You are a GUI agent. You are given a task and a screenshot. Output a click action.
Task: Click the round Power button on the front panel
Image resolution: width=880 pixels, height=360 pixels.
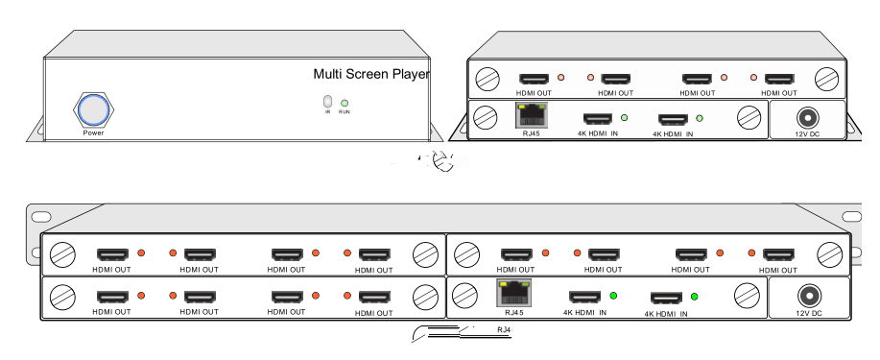click(x=93, y=110)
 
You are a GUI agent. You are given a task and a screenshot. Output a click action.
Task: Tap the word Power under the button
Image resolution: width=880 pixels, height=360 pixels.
click(x=93, y=133)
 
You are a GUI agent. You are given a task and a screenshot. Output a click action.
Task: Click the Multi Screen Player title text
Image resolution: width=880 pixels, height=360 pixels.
click(x=371, y=74)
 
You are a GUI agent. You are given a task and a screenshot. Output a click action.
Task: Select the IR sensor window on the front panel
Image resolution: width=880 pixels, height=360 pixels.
click(x=327, y=102)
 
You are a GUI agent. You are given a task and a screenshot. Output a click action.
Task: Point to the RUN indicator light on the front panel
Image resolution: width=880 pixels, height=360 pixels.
click(x=345, y=103)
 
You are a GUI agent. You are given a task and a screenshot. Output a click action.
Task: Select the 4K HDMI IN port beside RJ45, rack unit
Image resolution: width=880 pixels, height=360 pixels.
click(x=585, y=297)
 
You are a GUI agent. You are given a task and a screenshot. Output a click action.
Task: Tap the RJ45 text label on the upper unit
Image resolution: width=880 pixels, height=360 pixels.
click(x=530, y=134)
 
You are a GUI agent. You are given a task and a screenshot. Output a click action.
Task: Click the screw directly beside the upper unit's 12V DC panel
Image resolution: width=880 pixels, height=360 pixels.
click(x=749, y=118)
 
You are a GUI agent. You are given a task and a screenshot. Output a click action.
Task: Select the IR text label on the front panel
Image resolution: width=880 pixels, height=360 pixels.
click(x=327, y=112)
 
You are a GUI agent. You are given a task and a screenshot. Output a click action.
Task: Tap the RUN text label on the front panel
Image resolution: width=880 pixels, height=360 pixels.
click(x=345, y=112)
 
